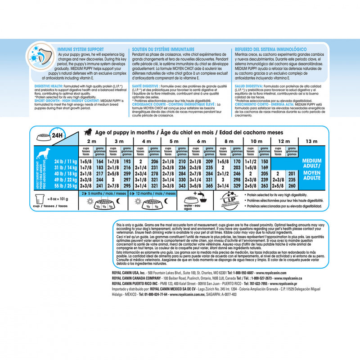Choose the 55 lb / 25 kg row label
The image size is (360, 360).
64,185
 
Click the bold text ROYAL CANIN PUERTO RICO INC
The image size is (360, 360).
142,284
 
